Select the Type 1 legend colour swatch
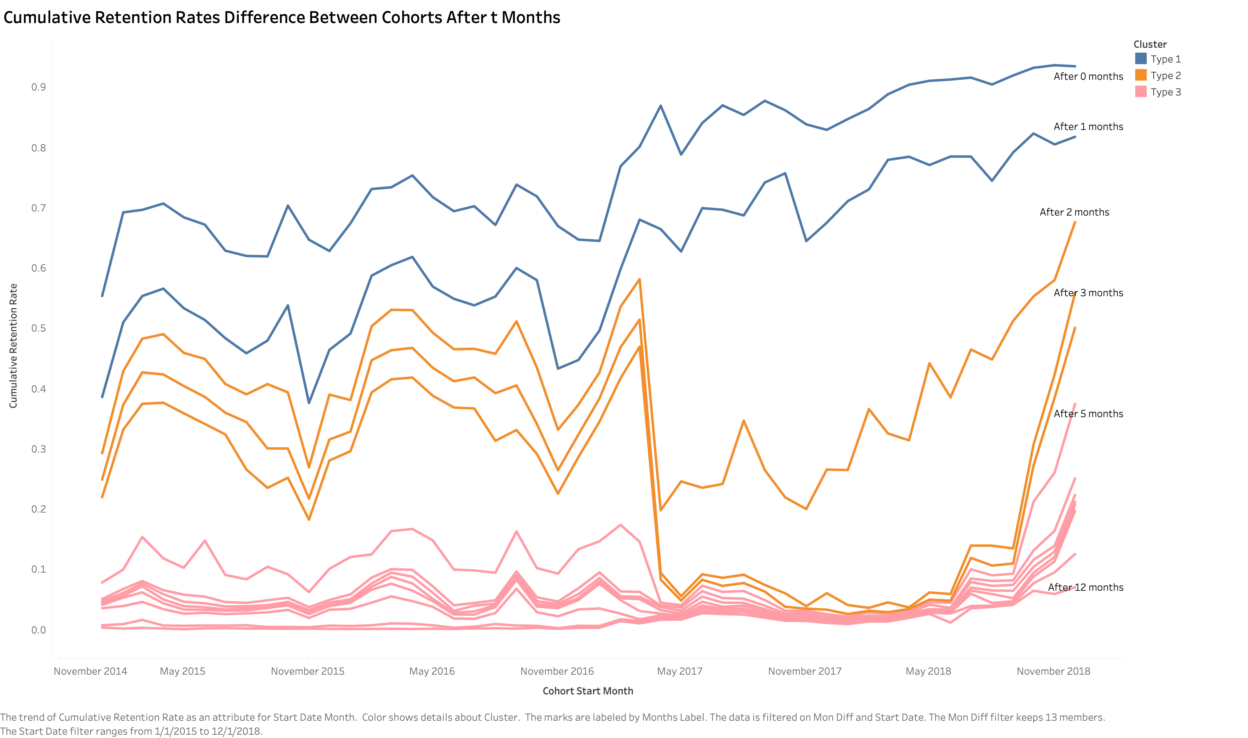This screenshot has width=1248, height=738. pos(1141,59)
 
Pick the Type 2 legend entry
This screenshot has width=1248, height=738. pos(1165,76)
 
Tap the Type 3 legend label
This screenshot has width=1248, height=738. pos(1165,92)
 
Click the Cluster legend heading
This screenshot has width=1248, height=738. pos(1150,44)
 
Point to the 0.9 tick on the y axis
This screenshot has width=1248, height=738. pos(38,87)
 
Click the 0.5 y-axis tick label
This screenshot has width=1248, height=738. pos(38,328)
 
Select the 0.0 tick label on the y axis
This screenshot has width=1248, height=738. pos(38,630)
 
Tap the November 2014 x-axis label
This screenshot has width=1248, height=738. pos(90,671)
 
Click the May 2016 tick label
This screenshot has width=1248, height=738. pos(432,671)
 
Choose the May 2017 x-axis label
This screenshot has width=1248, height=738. pos(680,671)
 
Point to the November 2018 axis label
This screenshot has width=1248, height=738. pos(1053,671)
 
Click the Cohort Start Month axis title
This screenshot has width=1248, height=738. pos(588,691)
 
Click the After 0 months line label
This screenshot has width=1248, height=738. pos(1088,77)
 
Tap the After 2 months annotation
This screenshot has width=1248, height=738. pos(1074,212)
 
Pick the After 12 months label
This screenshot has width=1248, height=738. pos(1085,587)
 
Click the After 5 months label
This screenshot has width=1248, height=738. pos(1088,414)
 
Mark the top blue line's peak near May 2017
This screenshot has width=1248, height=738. pos(660,105)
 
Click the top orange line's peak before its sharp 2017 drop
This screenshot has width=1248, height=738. pos(639,279)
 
